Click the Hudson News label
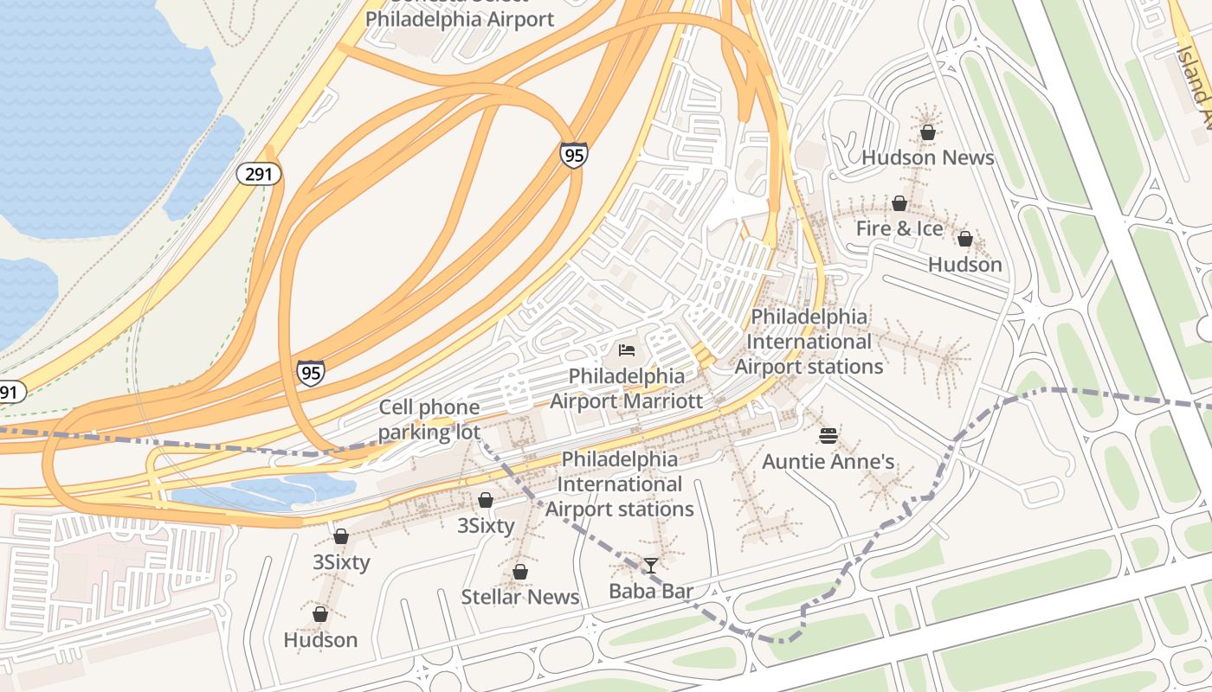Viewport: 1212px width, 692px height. tap(927, 157)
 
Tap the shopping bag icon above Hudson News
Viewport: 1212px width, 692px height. tap(927, 132)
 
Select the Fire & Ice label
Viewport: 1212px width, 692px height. tap(899, 228)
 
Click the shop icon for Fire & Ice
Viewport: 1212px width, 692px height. tap(899, 204)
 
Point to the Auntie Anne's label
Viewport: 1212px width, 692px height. tap(828, 461)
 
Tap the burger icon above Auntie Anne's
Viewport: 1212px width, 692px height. tap(828, 435)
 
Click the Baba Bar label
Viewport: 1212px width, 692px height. tap(651, 591)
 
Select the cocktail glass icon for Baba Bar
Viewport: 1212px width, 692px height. tap(651, 566)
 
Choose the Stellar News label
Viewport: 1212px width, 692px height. tap(519, 597)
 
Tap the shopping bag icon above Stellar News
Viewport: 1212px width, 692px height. tap(519, 572)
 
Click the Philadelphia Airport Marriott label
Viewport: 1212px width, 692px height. tap(626, 388)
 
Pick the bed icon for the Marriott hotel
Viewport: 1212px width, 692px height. tap(627, 350)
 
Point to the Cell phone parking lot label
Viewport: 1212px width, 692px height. tap(429, 420)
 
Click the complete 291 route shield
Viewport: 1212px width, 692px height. tap(259, 174)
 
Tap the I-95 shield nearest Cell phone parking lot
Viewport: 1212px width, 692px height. tap(311, 372)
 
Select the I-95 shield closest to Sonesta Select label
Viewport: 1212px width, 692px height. tap(573, 155)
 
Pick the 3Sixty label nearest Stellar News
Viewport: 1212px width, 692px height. tap(486, 525)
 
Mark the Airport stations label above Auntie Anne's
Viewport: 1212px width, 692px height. tap(809, 342)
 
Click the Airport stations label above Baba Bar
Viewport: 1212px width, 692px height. tap(619, 484)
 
